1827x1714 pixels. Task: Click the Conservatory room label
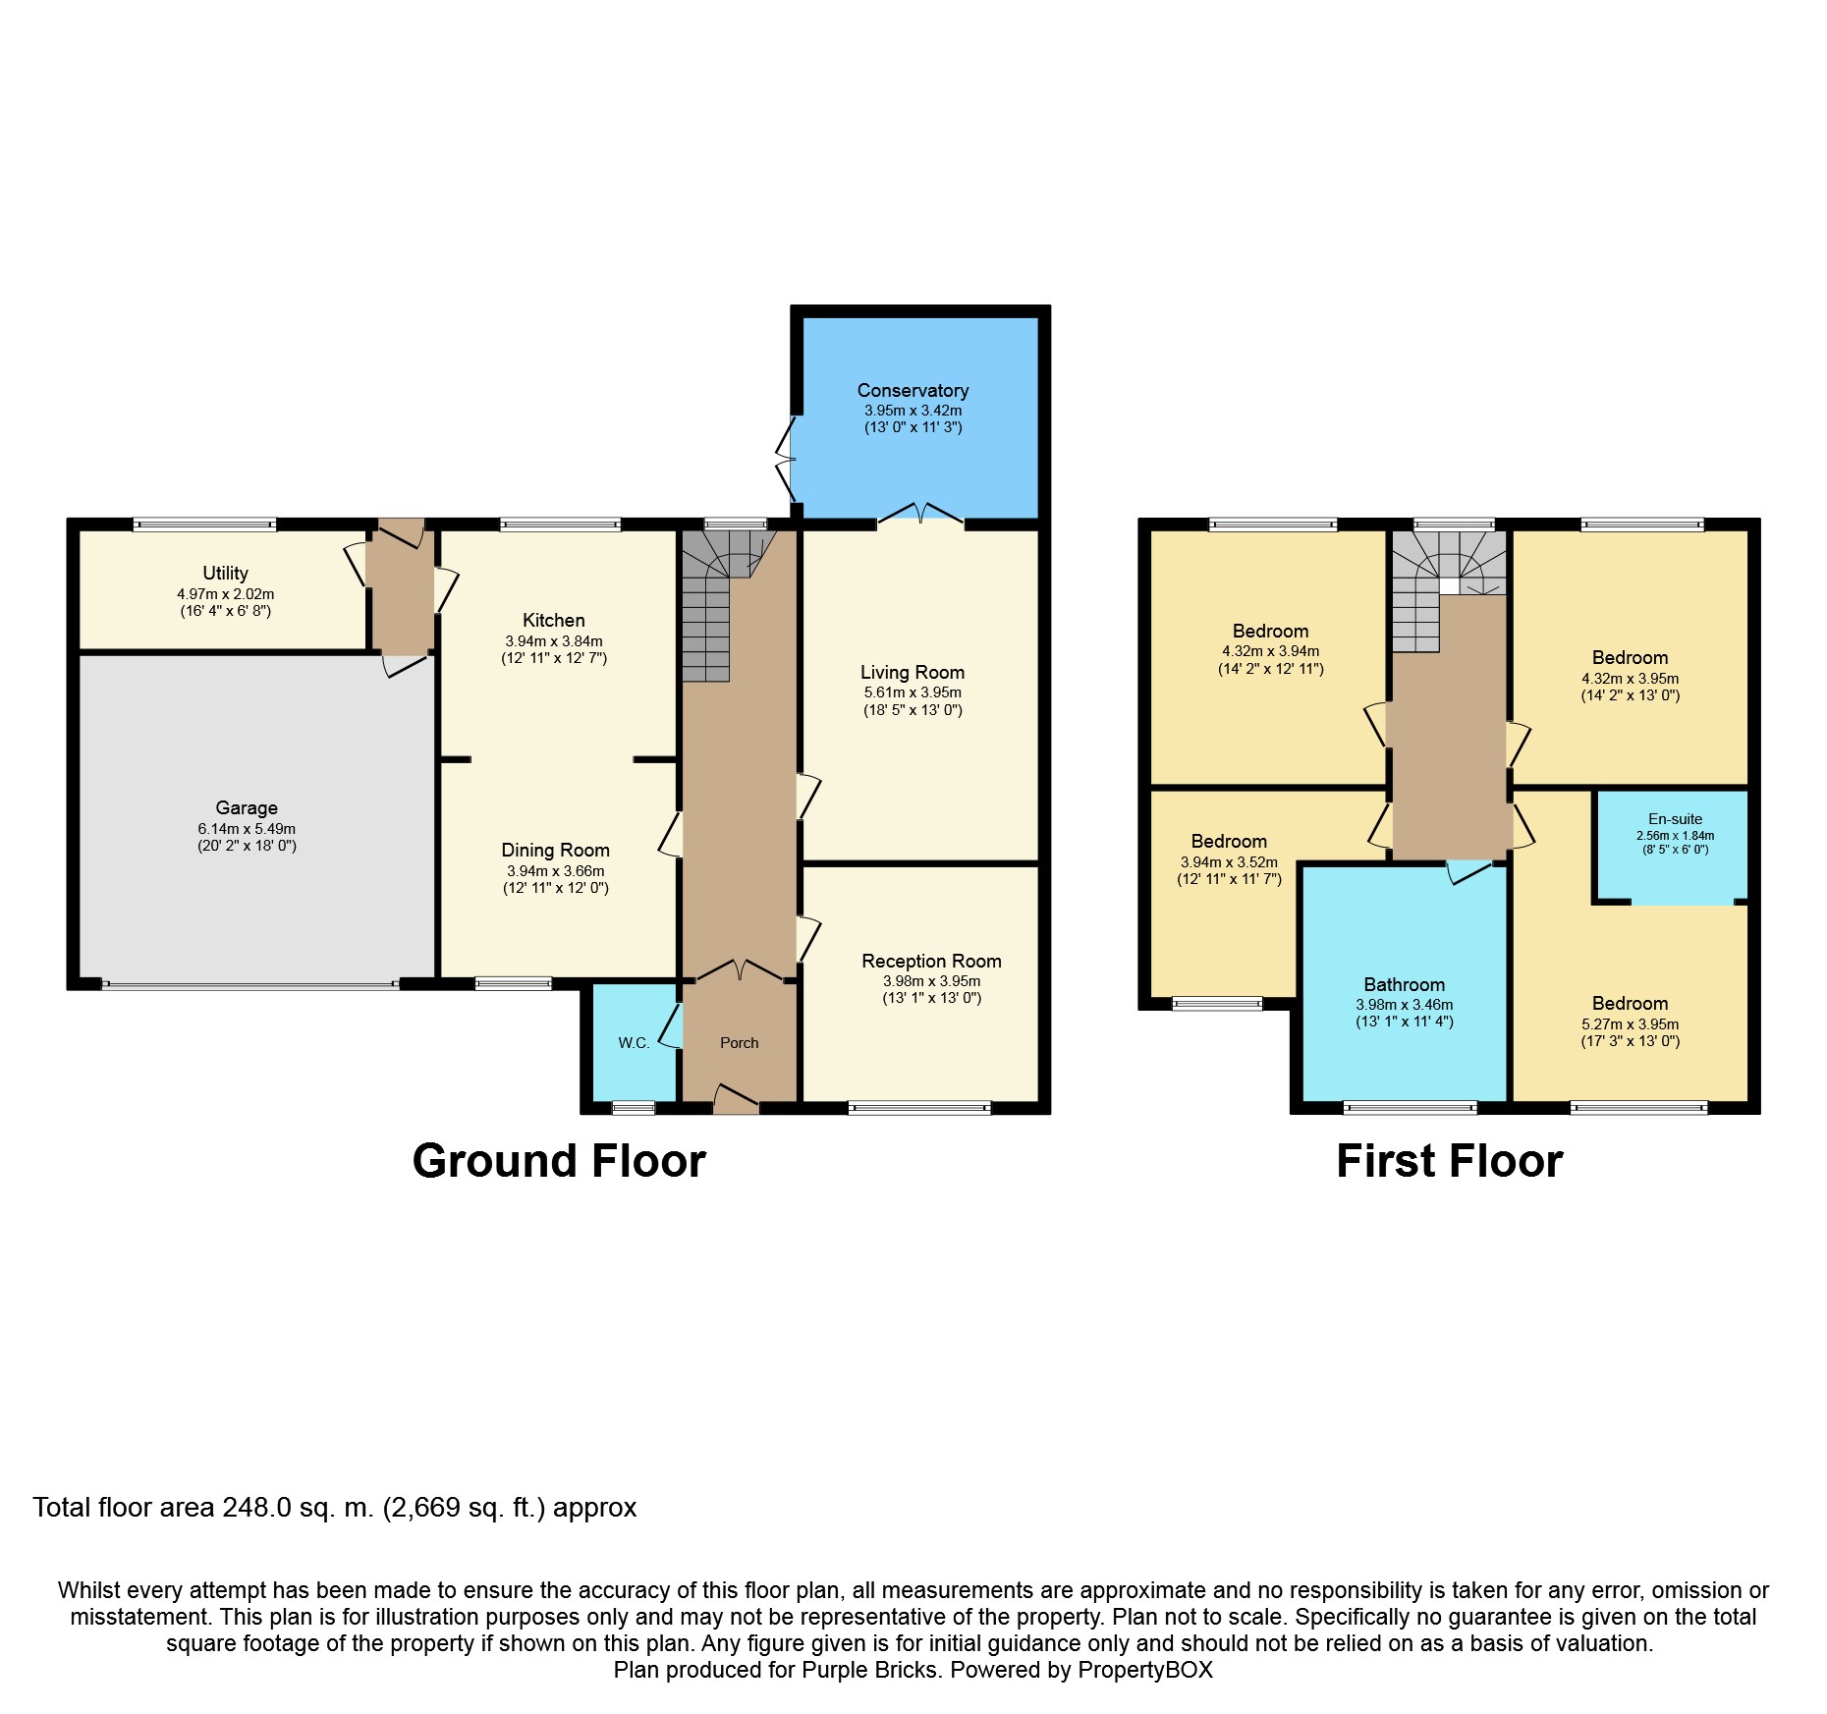[913, 390]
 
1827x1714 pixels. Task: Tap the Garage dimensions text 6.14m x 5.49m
[247, 829]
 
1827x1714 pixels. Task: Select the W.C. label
[634, 1043]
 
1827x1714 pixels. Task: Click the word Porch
[739, 1043]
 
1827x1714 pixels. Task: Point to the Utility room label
[225, 573]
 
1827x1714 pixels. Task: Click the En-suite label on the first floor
[1675, 819]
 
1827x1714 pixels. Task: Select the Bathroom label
[1404, 984]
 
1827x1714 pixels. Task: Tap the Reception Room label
[931, 961]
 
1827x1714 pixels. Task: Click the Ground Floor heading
[558, 1161]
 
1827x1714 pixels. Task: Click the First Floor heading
[1449, 1161]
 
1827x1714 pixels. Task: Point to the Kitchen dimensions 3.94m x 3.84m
[554, 641]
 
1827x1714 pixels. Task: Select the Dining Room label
[555, 850]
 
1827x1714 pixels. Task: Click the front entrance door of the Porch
[737, 1100]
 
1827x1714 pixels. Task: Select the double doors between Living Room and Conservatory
[920, 515]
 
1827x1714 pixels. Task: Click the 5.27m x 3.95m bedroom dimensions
[1630, 1024]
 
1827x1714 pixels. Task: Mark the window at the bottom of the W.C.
[634, 1108]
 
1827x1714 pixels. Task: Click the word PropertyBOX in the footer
[1144, 1670]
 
